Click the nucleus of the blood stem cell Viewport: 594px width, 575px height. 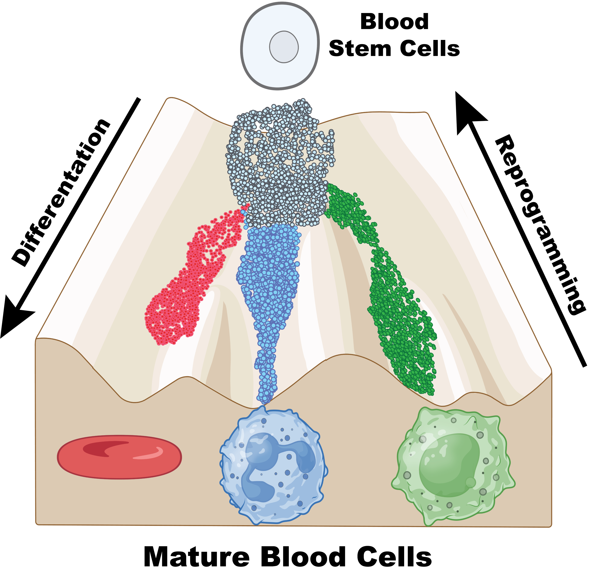tap(284, 47)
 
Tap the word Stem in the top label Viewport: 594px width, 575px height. tap(360, 49)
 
